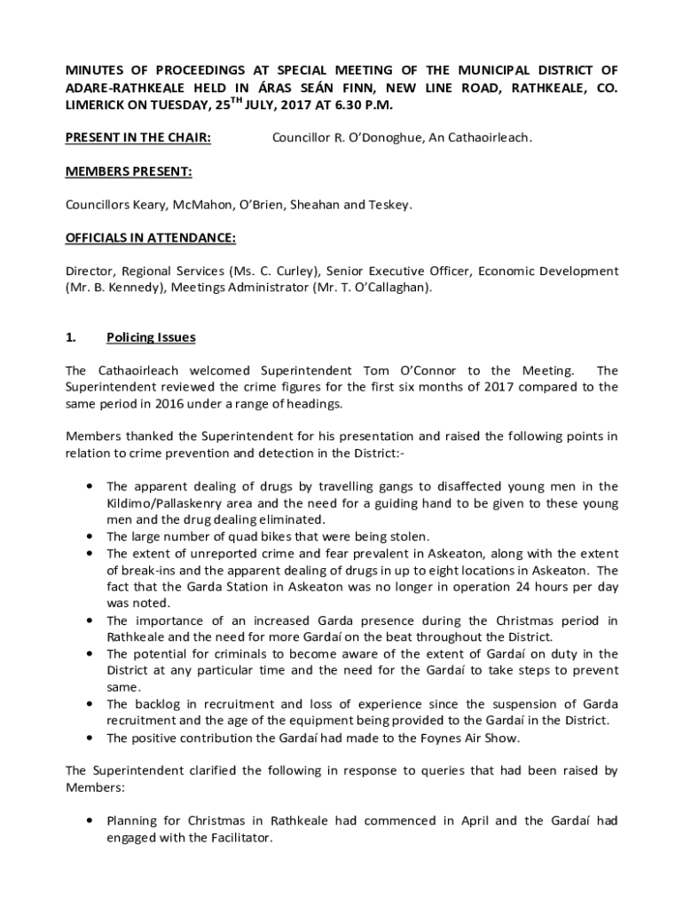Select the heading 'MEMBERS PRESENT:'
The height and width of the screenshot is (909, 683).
tap(129, 171)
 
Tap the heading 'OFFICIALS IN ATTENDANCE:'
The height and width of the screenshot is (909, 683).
tap(151, 238)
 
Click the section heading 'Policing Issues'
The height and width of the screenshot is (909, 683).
tap(151, 337)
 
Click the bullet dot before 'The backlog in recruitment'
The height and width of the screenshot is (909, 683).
tap(90, 704)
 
